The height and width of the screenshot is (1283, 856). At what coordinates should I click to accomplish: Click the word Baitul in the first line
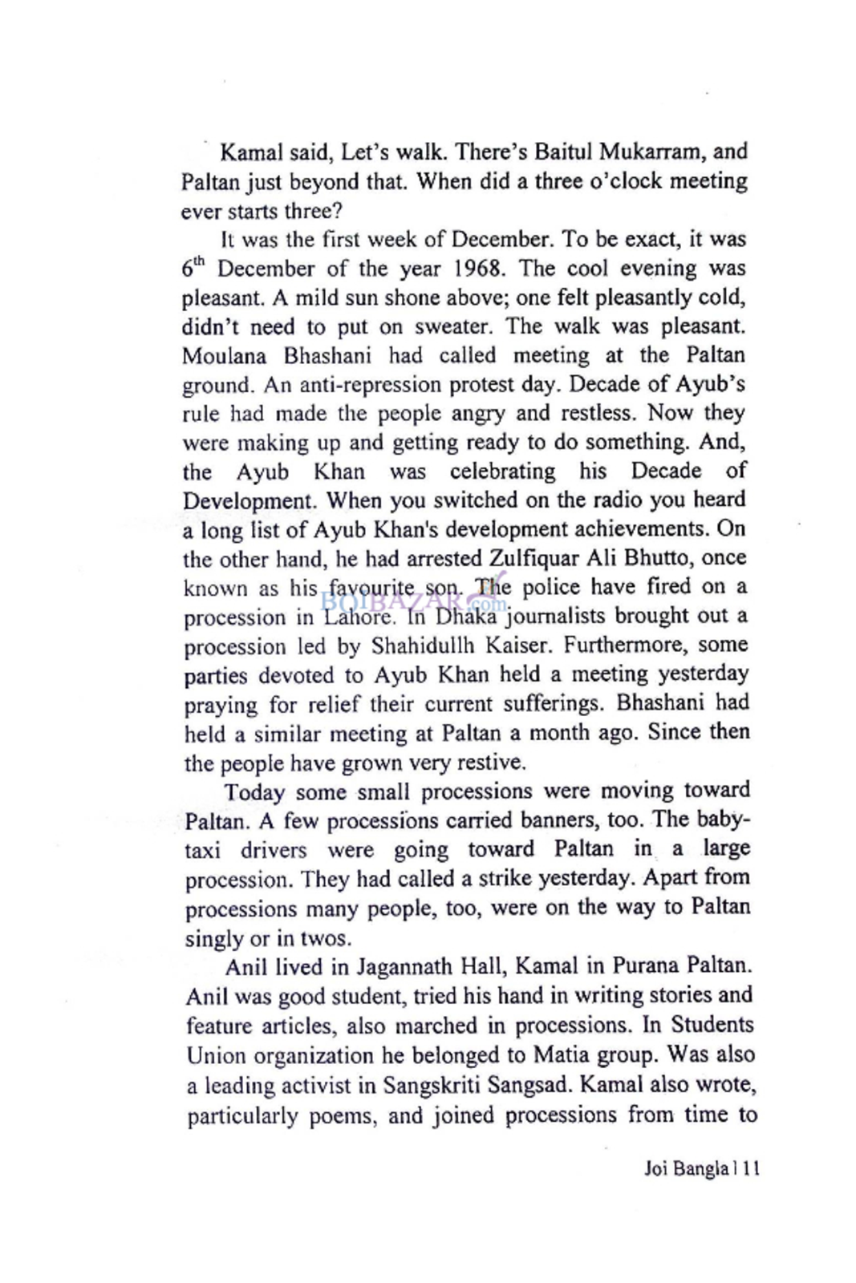pyautogui.click(x=565, y=152)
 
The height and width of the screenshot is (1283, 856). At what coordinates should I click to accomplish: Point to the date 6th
pyautogui.click(x=194, y=268)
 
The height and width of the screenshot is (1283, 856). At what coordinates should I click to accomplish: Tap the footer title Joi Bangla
pyautogui.click(x=686, y=1169)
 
